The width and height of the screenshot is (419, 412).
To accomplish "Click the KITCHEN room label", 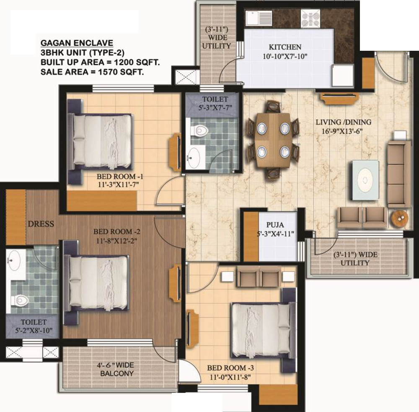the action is point(285,47).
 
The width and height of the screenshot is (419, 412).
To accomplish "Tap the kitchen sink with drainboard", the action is point(259,18).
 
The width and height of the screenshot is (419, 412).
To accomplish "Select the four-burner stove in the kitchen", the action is point(310,18).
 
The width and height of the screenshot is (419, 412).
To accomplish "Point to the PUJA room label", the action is point(275,225).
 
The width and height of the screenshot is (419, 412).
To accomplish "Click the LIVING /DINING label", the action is point(344,122).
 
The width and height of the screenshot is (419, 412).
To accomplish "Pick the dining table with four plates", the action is point(273,140).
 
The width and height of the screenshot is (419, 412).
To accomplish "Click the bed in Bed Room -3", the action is point(263,330).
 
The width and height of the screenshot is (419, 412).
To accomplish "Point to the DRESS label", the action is point(41,224).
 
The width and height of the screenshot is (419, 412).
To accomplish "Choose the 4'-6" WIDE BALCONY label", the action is point(117,370).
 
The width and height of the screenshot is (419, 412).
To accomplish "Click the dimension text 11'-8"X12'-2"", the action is point(116,241).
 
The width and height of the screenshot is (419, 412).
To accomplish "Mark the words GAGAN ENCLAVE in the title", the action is point(77,43).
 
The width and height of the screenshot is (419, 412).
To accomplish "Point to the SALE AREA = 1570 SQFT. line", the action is point(92,72).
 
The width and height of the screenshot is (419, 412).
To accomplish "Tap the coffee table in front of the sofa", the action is point(365,180).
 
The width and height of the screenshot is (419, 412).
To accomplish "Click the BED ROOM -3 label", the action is point(230,368).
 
